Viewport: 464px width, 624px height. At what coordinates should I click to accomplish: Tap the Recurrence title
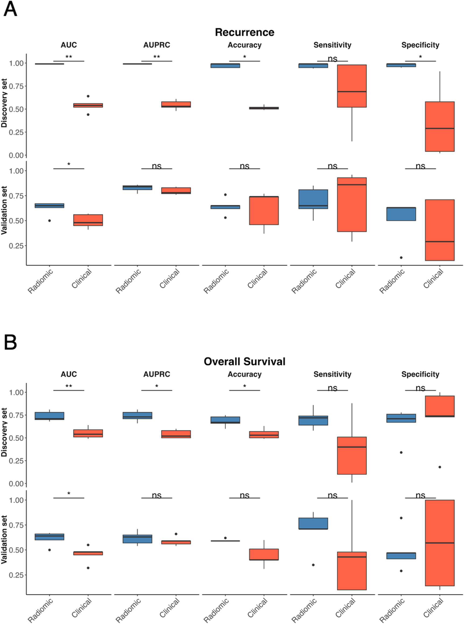click(244, 32)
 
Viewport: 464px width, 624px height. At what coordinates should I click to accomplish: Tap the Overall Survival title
click(244, 362)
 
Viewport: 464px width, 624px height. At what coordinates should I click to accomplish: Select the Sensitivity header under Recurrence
click(332, 45)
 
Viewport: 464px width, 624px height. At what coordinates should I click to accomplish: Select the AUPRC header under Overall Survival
click(157, 374)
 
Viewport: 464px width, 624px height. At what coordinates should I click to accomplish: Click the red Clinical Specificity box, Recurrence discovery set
click(440, 126)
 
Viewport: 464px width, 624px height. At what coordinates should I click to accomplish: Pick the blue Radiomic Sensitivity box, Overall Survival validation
click(313, 523)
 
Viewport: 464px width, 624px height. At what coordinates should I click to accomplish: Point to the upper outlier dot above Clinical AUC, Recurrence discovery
click(88, 96)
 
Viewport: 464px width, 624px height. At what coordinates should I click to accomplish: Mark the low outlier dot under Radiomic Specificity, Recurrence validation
click(401, 257)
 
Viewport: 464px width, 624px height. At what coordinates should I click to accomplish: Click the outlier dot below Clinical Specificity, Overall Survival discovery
click(440, 467)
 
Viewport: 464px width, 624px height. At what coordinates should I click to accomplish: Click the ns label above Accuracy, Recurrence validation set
click(244, 166)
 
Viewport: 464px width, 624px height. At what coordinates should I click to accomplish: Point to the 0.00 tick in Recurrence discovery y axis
click(16, 155)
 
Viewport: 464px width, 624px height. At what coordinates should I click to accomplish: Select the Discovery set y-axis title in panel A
click(4, 103)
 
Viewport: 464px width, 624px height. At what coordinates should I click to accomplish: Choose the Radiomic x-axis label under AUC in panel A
click(40, 281)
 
